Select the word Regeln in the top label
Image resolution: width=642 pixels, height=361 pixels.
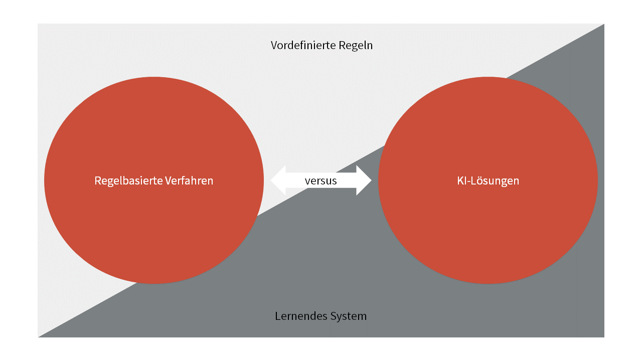point(356,46)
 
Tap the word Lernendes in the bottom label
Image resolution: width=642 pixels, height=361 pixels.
point(299,316)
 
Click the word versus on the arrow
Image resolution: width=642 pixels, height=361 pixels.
point(320,180)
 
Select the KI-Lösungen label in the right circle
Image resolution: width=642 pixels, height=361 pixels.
point(488,180)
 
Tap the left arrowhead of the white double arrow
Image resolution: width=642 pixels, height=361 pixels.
point(278,180)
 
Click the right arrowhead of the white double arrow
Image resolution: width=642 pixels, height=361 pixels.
point(364,180)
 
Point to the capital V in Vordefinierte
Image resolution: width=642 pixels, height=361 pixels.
point(274,46)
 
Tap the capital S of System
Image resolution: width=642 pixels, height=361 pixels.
point(333,316)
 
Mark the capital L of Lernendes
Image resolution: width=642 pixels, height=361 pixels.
point(277,316)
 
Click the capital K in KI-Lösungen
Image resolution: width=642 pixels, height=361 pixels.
point(460,180)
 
